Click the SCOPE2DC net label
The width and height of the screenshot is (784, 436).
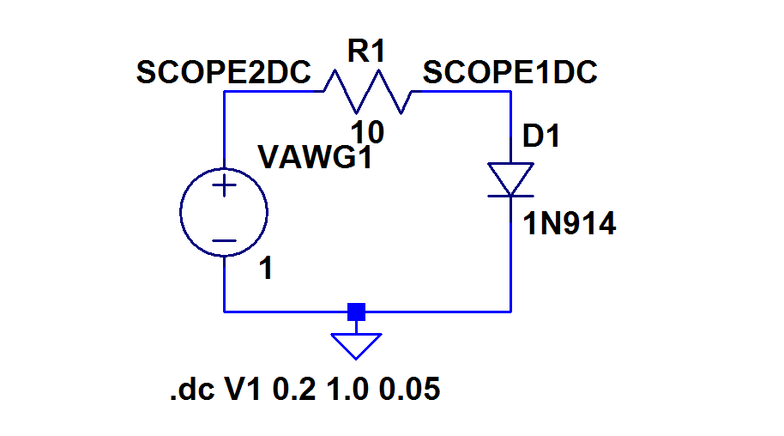[x=223, y=74]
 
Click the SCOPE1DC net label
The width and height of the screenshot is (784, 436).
[x=510, y=74]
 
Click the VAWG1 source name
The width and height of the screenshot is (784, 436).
[x=315, y=158]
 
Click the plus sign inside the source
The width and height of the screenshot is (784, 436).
[x=224, y=185]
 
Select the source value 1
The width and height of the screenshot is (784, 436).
[x=266, y=269]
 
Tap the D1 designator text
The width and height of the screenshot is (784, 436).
[x=541, y=136]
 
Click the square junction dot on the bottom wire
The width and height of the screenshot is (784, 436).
[x=356, y=312]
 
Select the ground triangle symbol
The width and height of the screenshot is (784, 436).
[x=356, y=345]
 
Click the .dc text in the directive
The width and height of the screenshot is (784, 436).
[x=194, y=391]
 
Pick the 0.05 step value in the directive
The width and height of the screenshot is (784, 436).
[x=409, y=391]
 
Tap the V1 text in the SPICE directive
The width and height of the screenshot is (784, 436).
[x=244, y=391]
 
